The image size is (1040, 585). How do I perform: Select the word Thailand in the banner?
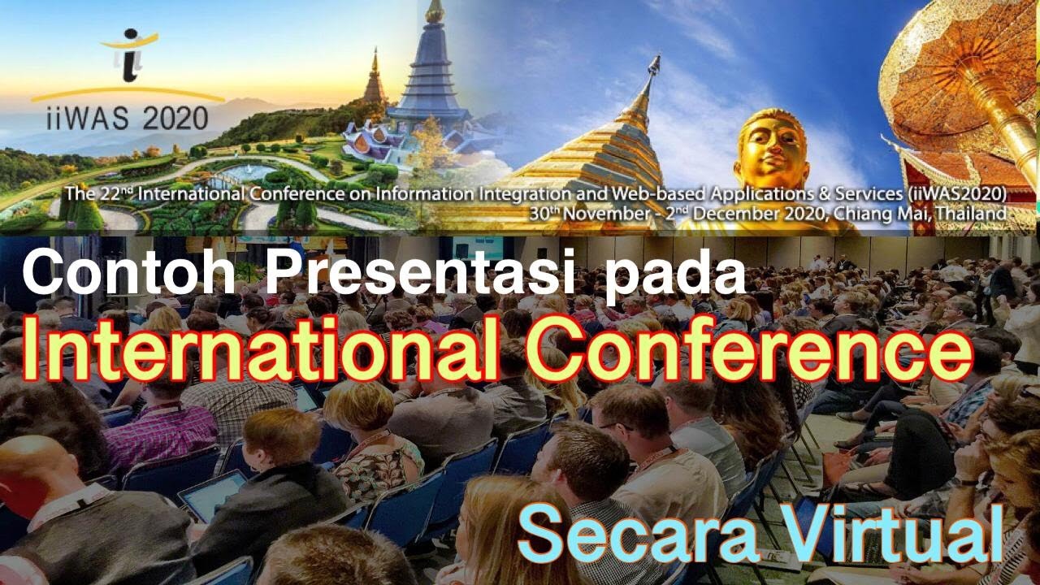click(x=973, y=213)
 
